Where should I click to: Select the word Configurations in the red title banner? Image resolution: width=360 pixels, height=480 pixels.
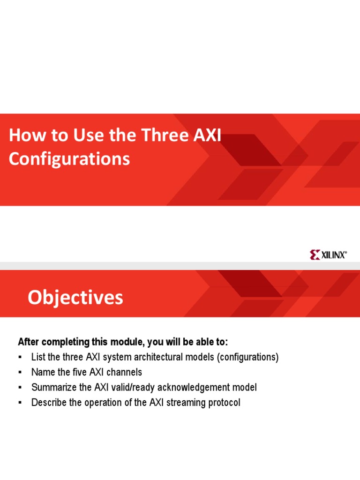pyautogui.click(x=69, y=159)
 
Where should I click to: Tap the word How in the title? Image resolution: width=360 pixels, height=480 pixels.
pyautogui.click(x=23, y=135)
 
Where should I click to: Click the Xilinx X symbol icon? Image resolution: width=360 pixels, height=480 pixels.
pyautogui.click(x=315, y=255)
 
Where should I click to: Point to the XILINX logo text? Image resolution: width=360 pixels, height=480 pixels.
pyautogui.click(x=334, y=255)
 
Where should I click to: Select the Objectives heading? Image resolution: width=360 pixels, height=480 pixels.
pyautogui.click(x=75, y=298)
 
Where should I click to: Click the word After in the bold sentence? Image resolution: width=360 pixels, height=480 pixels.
pyautogui.click(x=29, y=341)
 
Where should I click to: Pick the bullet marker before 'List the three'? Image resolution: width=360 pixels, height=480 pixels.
pyautogui.click(x=20, y=357)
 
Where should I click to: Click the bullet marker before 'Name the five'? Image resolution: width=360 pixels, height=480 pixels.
pyautogui.click(x=20, y=372)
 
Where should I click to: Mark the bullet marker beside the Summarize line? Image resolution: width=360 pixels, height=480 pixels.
pyautogui.click(x=20, y=388)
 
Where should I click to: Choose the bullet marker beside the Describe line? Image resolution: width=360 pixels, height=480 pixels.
pyautogui.click(x=20, y=403)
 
